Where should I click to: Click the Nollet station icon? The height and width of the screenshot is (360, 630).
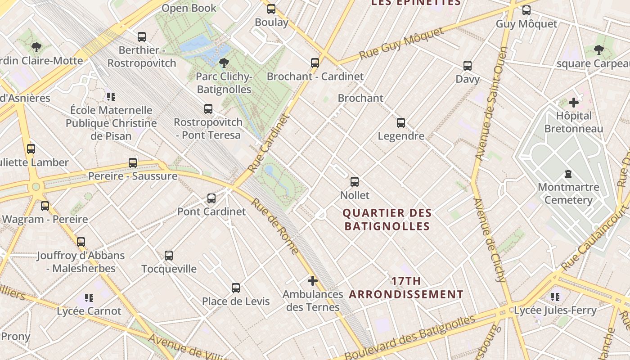pyautogui.click(x=355, y=182)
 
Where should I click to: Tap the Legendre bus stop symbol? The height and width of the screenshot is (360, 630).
pyautogui.click(x=400, y=122)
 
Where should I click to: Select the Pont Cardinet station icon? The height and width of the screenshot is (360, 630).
pyautogui.click(x=211, y=198)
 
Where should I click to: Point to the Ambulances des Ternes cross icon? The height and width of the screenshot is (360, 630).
pyautogui.click(x=312, y=281)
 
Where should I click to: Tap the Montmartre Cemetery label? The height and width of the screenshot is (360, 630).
pyautogui.click(x=568, y=193)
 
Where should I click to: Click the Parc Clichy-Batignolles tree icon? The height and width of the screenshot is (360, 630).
pyautogui.click(x=224, y=63)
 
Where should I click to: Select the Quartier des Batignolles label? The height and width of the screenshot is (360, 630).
pyautogui.click(x=387, y=219)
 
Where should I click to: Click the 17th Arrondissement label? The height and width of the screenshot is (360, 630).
pyautogui.click(x=406, y=288)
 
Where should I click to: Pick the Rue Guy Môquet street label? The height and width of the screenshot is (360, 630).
pyautogui.click(x=401, y=44)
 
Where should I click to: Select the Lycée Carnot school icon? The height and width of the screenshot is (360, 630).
pyautogui.click(x=89, y=297)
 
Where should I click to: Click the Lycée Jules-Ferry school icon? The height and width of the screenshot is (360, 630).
pyautogui.click(x=555, y=297)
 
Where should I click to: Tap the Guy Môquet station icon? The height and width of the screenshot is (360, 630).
pyautogui.click(x=526, y=10)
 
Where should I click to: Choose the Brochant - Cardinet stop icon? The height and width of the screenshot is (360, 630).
pyautogui.click(x=315, y=63)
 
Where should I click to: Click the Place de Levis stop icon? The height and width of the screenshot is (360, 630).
pyautogui.click(x=235, y=288)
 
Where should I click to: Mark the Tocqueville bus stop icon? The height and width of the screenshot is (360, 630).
pyautogui.click(x=169, y=256)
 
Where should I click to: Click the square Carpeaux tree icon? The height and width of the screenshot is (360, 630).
pyautogui.click(x=598, y=50)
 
